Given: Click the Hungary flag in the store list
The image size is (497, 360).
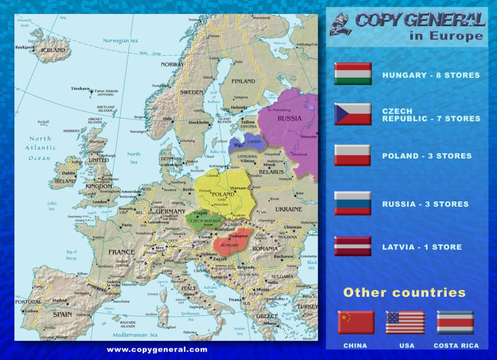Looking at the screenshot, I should coord(353,74).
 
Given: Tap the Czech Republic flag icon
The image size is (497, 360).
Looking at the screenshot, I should coord(353,114).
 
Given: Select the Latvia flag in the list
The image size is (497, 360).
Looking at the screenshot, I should coord(353,246).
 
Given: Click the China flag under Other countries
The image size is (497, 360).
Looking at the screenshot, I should coord(356,322).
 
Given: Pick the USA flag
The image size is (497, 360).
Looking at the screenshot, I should coord(405,322).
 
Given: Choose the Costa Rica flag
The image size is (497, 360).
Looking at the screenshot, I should coord(455,322).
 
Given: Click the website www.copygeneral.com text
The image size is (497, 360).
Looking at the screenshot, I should coord(157,349).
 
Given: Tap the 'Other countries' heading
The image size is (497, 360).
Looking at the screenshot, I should coord(404,293).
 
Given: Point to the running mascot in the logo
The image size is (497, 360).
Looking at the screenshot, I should coord(341,24).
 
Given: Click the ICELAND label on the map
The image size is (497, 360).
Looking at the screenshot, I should coord(53,50).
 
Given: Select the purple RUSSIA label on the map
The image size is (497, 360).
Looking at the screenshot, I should coord(289,118).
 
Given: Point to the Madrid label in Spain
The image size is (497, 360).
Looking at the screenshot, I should coord(59,300).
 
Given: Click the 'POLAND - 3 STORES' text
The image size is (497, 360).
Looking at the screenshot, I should coord(427,156).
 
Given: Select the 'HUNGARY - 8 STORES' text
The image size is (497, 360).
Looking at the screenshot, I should coord(431,75).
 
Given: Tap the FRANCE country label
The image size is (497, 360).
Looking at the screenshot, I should coord(121,252).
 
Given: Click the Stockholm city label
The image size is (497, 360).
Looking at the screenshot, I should coord(198,122).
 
